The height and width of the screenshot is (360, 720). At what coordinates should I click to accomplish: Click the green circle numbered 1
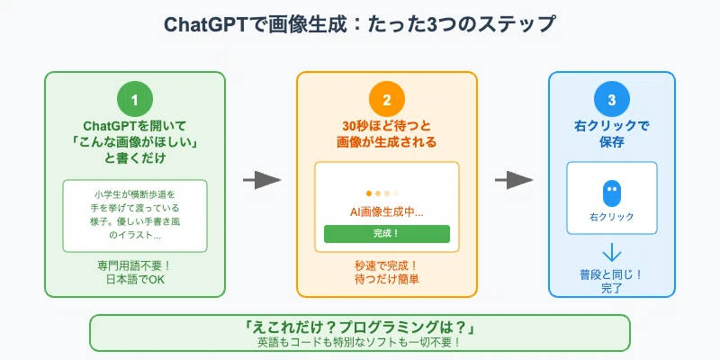(x=134, y=99)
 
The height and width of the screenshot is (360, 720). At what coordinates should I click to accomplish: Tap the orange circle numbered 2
(x=387, y=99)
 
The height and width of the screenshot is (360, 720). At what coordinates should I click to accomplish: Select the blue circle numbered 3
(x=612, y=99)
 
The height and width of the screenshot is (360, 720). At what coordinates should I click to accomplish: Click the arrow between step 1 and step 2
(x=261, y=180)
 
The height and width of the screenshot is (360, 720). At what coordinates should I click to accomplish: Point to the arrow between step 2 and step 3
(x=513, y=180)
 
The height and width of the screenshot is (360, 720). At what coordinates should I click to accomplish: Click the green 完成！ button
(x=387, y=234)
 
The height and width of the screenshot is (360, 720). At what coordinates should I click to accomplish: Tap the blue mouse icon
(x=612, y=193)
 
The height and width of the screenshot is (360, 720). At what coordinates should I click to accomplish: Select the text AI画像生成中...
(x=387, y=212)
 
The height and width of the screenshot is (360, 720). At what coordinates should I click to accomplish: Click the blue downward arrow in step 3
(x=612, y=254)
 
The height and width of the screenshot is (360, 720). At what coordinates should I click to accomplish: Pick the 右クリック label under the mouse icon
(x=612, y=217)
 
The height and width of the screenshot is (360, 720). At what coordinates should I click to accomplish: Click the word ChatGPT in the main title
(x=201, y=25)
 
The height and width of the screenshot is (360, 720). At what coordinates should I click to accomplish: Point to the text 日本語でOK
(x=134, y=280)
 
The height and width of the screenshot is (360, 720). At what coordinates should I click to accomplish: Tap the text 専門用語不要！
(x=134, y=265)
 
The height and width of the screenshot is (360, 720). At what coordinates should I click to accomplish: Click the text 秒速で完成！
(x=387, y=265)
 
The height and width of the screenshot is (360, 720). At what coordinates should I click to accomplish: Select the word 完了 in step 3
(x=612, y=289)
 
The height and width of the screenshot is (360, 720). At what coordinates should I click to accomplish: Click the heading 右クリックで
(x=612, y=126)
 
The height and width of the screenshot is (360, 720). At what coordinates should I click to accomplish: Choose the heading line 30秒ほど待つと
(x=387, y=126)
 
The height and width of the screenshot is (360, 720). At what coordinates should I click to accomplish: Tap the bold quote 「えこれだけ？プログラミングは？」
(x=360, y=328)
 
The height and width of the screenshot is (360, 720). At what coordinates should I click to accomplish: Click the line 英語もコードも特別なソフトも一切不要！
(x=360, y=343)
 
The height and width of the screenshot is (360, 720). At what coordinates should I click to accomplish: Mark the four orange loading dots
(x=382, y=193)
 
